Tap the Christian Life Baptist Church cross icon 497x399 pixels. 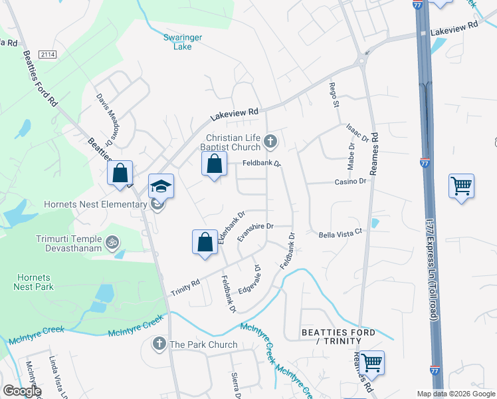[x=270, y=141]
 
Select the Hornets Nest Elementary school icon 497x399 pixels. [x=161, y=189]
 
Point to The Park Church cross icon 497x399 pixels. [x=159, y=344]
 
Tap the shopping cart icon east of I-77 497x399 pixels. [x=461, y=186]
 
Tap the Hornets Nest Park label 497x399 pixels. [x=33, y=283]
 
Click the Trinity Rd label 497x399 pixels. [x=185, y=283]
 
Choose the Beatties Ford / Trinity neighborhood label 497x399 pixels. [x=338, y=336]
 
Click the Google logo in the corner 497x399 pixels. [x=21, y=391]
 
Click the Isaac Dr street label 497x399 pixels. [x=357, y=133]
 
